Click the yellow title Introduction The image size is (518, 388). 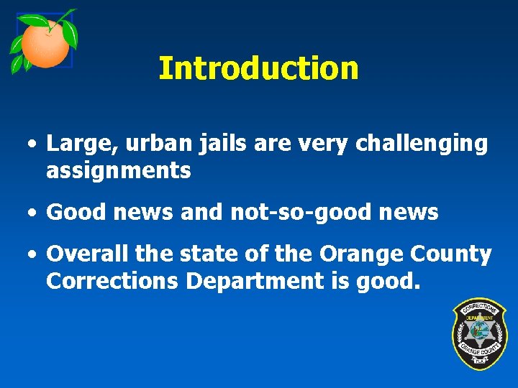(258, 68)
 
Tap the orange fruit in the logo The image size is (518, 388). (45, 44)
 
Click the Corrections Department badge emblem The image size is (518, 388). (479, 334)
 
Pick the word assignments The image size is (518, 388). (118, 171)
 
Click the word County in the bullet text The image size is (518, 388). (450, 254)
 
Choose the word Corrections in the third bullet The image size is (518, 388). (112, 281)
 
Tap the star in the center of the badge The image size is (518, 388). (479, 334)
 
